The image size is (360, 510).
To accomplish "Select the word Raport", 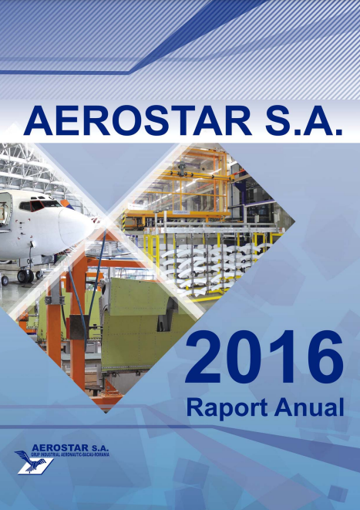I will (223, 407).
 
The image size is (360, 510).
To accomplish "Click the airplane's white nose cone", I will (77, 228).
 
